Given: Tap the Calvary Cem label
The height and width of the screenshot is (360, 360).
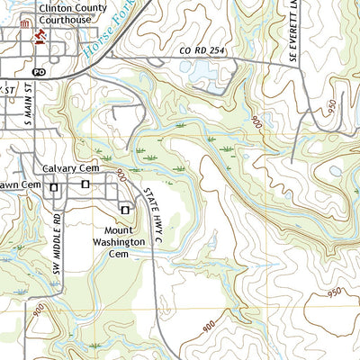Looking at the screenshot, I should (67, 169).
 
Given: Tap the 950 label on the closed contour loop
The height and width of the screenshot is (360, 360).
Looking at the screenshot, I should (336, 293).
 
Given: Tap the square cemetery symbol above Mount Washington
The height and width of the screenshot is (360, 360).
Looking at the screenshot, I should (124, 209).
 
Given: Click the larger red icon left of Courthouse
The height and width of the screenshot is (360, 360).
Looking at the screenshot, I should (38, 36).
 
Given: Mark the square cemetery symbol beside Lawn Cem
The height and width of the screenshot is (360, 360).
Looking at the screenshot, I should (54, 187).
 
